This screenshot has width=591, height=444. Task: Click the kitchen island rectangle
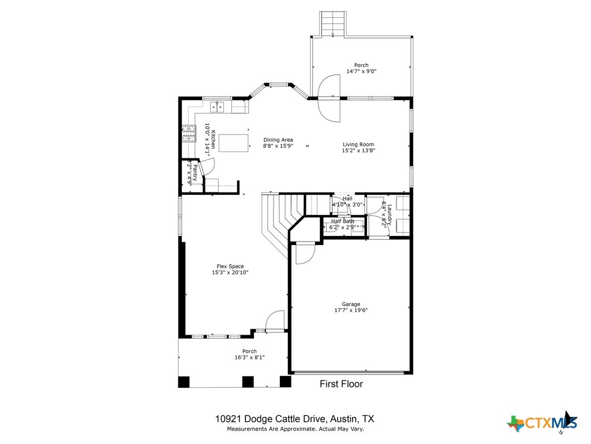pyautogui.click(x=233, y=142)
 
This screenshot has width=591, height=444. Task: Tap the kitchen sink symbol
pyautogui.click(x=218, y=106)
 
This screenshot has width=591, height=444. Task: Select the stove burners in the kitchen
pyautogui.click(x=189, y=134)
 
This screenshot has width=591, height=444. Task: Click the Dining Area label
pyautogui.click(x=278, y=140)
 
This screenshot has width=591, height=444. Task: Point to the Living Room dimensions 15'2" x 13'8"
pyautogui.click(x=358, y=151)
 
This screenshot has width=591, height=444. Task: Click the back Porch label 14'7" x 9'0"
pyautogui.click(x=361, y=72)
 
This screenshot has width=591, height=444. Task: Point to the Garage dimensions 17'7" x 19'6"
pyautogui.click(x=351, y=310)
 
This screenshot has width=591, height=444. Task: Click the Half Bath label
pyautogui.click(x=343, y=221)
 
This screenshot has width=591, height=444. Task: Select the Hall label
pyautogui.click(x=347, y=199)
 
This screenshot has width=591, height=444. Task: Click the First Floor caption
pyautogui.click(x=342, y=384)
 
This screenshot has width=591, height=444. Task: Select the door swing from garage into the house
pyautogui.click(x=304, y=254)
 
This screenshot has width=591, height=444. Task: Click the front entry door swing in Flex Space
pyautogui.click(x=276, y=320)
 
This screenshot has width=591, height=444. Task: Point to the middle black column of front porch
pyautogui.click(x=248, y=382)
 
